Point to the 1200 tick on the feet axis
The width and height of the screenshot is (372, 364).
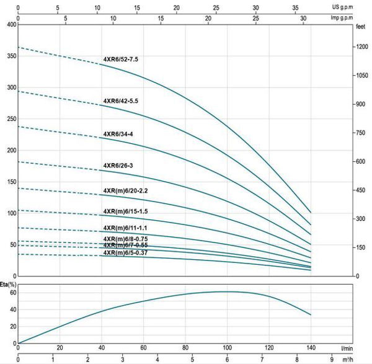(362, 47)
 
